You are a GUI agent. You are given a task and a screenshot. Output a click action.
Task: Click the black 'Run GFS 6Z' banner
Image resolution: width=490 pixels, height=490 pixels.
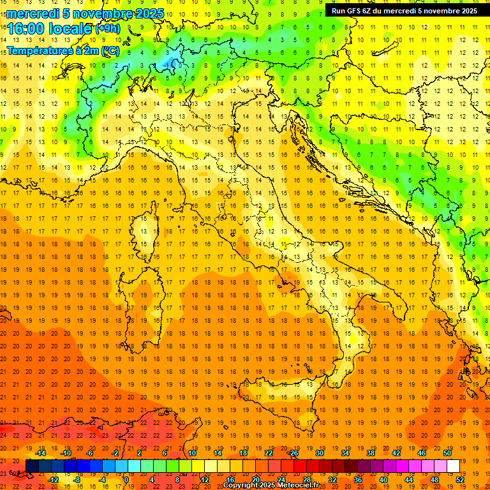click(x=404, y=10)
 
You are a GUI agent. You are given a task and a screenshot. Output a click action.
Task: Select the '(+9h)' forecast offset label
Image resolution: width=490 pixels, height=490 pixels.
click(x=108, y=28)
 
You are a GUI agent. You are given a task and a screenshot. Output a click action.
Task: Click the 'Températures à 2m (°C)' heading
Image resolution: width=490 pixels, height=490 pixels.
click(x=63, y=50)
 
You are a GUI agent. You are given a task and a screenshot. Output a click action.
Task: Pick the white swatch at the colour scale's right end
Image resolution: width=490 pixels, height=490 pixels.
click(x=453, y=466)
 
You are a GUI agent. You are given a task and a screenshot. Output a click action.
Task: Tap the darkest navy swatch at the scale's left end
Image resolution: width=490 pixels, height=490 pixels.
click(x=32, y=466)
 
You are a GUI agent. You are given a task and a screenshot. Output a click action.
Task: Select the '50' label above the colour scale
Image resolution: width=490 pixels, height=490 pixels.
click(x=447, y=453)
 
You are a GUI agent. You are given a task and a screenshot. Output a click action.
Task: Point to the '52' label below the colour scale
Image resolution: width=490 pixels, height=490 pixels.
click(x=460, y=480)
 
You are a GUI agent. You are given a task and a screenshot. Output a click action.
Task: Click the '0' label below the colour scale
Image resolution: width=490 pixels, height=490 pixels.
click(x=126, y=480)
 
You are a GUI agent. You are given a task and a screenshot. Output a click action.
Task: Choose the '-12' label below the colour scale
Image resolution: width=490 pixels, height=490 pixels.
click(x=53, y=480)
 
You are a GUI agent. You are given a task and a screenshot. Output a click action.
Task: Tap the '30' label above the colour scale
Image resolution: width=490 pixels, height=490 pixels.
click(x=319, y=453)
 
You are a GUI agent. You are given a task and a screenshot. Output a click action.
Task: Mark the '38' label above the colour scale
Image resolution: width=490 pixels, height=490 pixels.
click(x=370, y=453)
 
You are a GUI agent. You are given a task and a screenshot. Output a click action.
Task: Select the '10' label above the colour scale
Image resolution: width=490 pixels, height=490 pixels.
click(x=191, y=453)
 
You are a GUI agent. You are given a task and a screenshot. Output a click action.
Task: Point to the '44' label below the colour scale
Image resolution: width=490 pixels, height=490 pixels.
click(x=409, y=480)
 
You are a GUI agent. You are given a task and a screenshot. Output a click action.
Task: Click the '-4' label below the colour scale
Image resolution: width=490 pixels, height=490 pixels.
click(x=102, y=480)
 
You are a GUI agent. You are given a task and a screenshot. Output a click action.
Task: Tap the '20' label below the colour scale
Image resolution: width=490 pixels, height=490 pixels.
click(x=255, y=480)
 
